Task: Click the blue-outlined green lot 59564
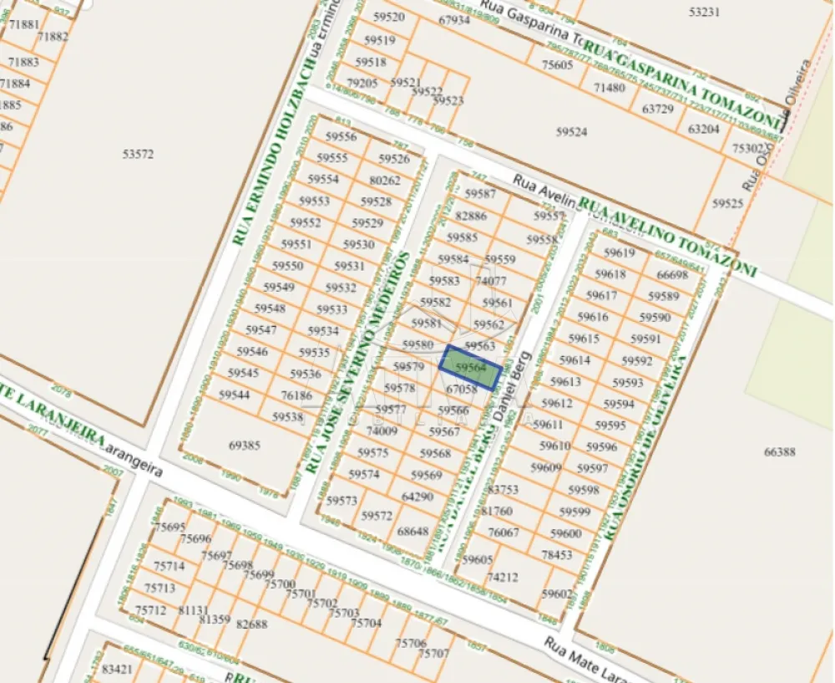coord(471,367)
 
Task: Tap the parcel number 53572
coord(138,154)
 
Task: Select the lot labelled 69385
coord(245,446)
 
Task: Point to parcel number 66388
coord(779,451)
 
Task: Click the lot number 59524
coord(571,131)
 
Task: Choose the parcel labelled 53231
coord(704,12)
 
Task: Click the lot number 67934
coord(453,20)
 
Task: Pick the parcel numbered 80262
coord(385,180)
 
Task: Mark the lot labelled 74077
coord(491,281)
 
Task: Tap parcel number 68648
coord(412,531)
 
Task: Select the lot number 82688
coord(252,624)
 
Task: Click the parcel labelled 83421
coord(117,669)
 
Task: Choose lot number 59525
coord(727,203)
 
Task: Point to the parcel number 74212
coord(503,577)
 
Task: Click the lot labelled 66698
coord(672,274)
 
